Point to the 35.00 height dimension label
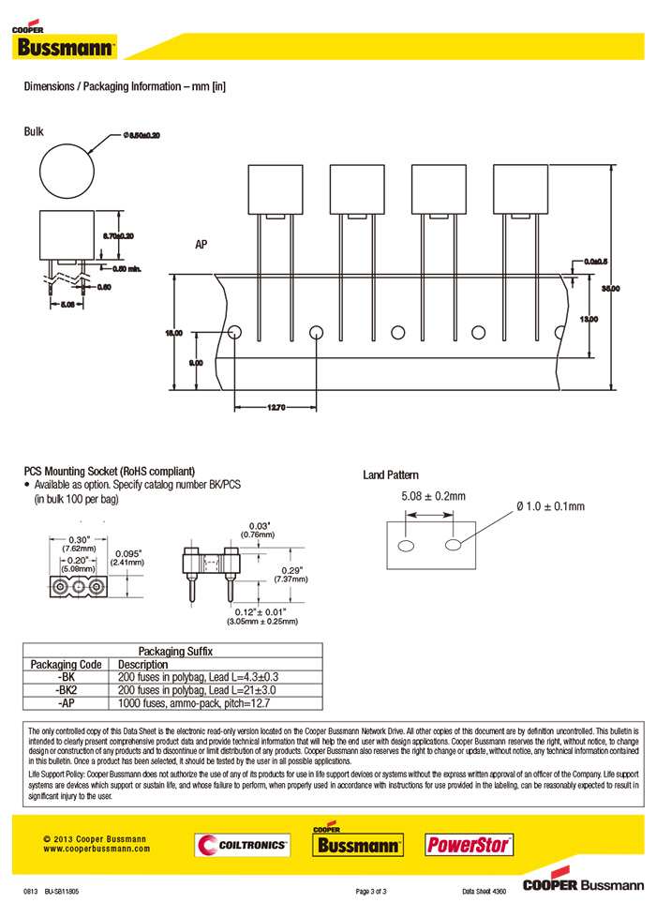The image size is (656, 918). (x=610, y=289)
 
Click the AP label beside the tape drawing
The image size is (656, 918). (x=201, y=245)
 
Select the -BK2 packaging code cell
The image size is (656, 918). (x=67, y=689)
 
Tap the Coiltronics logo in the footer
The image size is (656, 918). (x=242, y=845)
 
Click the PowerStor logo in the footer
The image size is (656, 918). (x=470, y=845)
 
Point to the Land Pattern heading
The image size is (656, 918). (x=391, y=475)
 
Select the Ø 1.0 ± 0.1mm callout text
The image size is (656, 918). (x=549, y=506)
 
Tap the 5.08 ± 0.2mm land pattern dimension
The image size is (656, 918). (x=433, y=495)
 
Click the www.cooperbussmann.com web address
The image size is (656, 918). (x=97, y=848)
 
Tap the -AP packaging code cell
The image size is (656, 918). (x=67, y=702)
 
